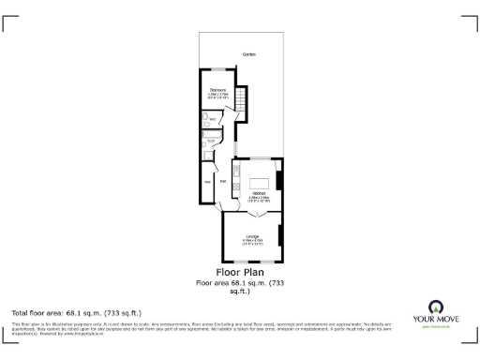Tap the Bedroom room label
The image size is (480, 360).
pyautogui.click(x=217, y=89)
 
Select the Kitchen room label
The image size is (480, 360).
pyautogui.click(x=259, y=193)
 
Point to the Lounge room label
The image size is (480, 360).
pyautogui.click(x=252, y=235)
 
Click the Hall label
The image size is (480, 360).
pyautogui.click(x=223, y=182)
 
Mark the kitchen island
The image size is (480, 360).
pyautogui.click(x=265, y=181)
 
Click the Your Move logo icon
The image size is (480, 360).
pyautogui.click(x=436, y=307)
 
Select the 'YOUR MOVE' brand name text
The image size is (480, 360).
pyautogui.click(x=436, y=320)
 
